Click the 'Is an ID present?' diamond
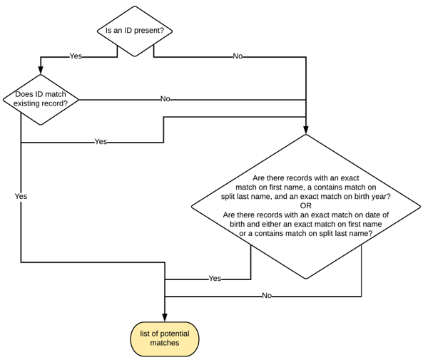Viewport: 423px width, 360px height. click(135, 31)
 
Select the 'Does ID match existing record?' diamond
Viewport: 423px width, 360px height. click(41, 98)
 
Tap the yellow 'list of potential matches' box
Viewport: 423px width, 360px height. click(165, 339)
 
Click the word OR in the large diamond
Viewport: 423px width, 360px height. click(306, 205)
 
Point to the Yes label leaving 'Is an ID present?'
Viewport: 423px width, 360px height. click(76, 56)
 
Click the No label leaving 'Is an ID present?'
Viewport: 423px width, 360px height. click(238, 56)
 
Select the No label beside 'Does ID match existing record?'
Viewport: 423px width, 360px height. click(165, 99)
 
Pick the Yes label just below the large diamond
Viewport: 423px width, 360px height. click(215, 278)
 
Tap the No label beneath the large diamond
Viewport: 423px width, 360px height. click(267, 295)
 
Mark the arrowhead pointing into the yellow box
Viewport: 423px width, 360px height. click(165, 318)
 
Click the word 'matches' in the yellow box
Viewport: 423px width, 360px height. click(165, 344)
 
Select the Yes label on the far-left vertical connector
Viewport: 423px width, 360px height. click(21, 195)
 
